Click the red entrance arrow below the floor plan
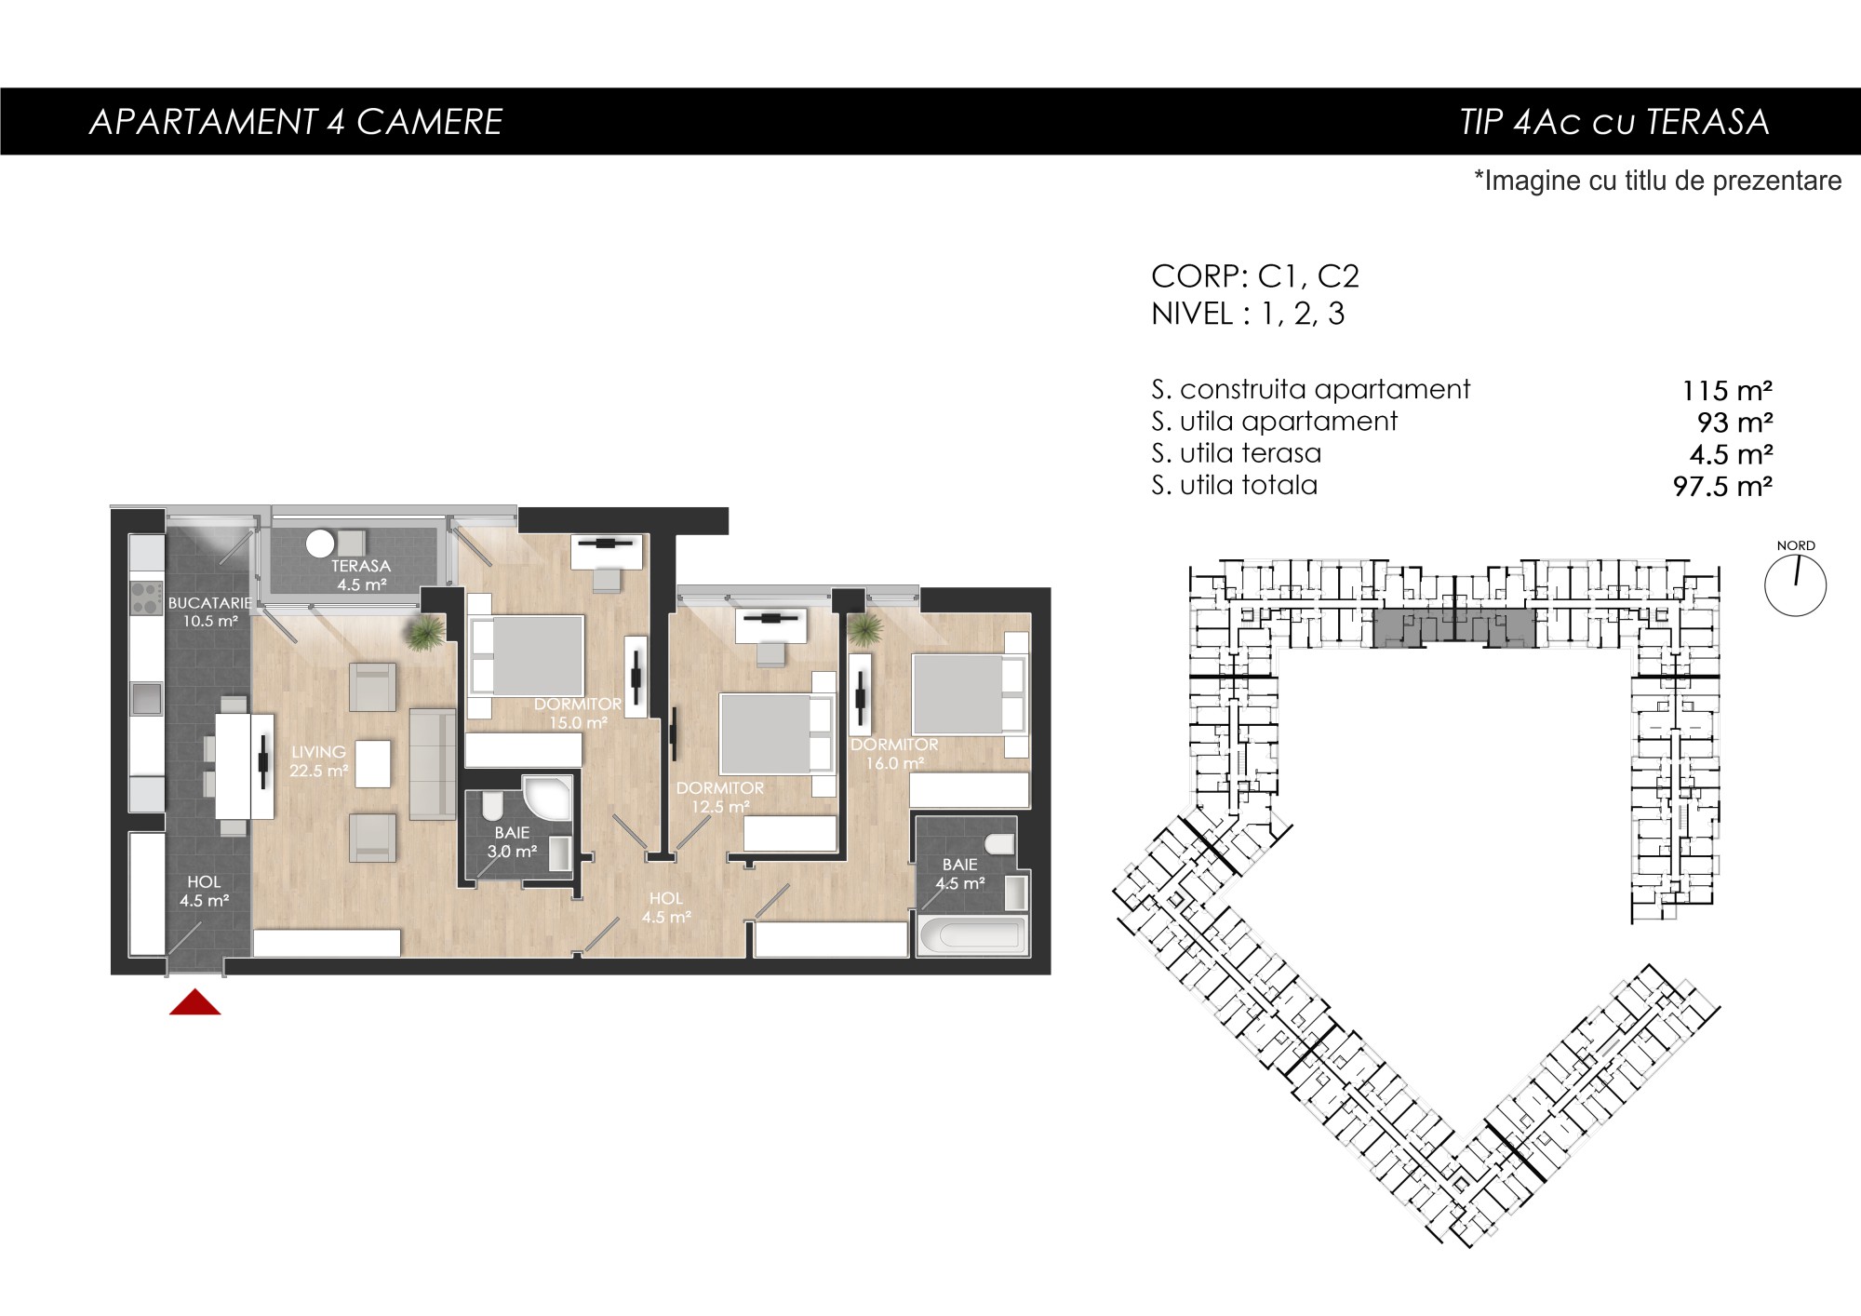[x=195, y=1002]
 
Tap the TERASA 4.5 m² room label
[x=361, y=575]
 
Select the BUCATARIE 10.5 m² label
[x=210, y=611]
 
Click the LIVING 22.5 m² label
[x=318, y=760]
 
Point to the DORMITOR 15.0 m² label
[x=578, y=713]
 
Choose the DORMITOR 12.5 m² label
[x=720, y=797]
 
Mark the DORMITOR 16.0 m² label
[x=894, y=754]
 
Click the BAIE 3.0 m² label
[x=512, y=841]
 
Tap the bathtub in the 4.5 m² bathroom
[x=972, y=935]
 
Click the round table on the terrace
[x=320, y=543]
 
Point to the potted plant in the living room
[x=425, y=632]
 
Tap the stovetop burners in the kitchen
[x=146, y=598]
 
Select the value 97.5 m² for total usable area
[x=1722, y=486]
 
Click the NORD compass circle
[x=1795, y=585]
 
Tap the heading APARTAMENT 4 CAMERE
[x=296, y=122]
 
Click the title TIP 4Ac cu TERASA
[x=1614, y=122]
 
